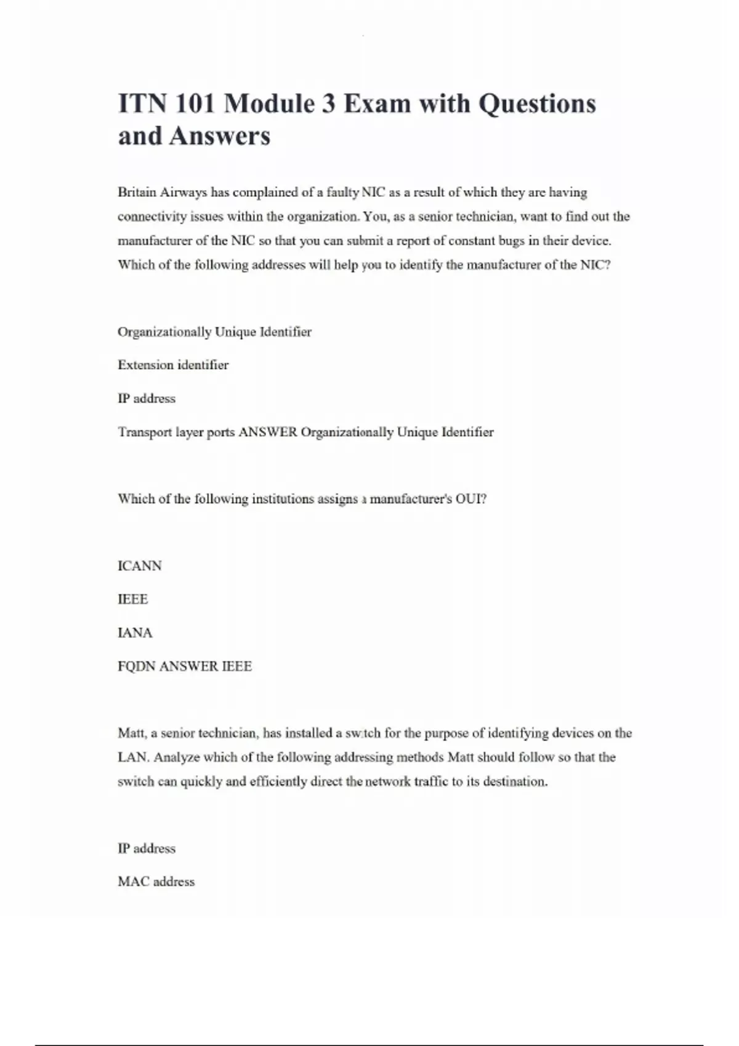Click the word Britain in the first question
pos(137,193)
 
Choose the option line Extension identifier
pos(173,365)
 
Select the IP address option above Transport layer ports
pos(147,399)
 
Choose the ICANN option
pos(140,566)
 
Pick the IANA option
pos(135,633)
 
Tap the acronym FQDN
pos(137,666)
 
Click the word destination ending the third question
pos(515,782)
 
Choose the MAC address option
pos(156,882)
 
